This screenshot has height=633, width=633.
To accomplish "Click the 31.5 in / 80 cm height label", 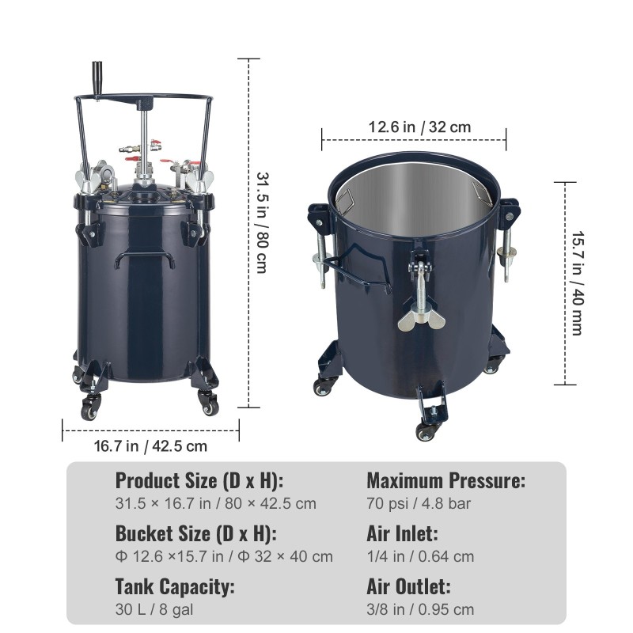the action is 263,223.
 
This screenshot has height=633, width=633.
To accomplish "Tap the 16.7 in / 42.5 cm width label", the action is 150,446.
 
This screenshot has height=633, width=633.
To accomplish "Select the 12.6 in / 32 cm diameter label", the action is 419,127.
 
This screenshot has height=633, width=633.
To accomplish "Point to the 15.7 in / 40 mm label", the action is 578,283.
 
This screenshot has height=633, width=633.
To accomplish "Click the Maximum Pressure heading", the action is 446,480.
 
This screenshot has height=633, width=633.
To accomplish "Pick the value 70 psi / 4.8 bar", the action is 419,503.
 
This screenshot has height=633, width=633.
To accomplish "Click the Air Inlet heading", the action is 402,533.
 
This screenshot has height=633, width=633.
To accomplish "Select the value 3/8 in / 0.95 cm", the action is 420,609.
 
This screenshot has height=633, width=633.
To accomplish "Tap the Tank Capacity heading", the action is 175,586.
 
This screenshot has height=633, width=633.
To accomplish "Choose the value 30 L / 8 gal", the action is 154,609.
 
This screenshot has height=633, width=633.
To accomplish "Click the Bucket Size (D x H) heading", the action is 196,533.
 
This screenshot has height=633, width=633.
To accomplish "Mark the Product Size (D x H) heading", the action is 199,480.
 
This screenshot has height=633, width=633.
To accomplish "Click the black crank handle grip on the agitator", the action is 97,78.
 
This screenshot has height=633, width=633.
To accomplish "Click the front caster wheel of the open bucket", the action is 426,432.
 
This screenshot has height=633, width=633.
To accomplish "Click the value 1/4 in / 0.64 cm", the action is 420,556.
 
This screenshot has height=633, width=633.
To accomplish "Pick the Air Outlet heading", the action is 408,586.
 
